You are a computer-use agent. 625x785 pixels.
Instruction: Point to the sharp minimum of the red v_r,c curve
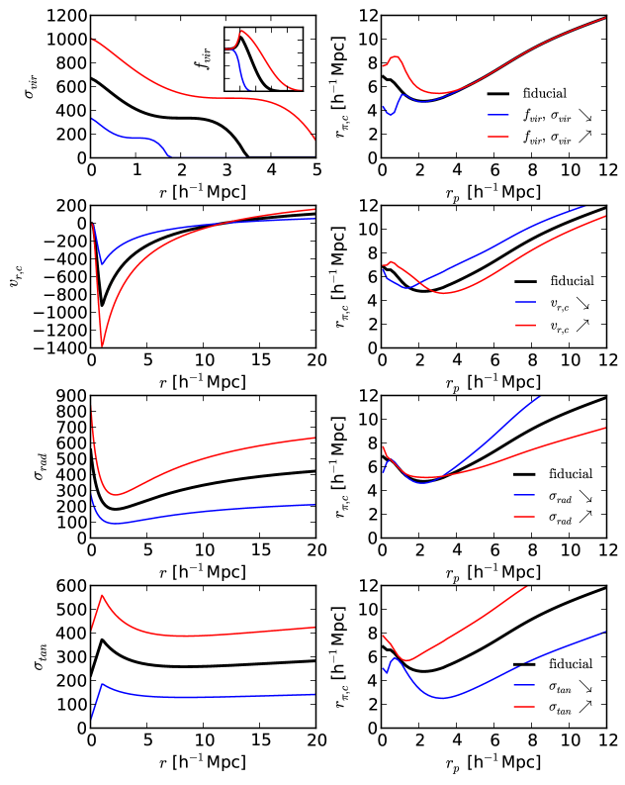(x=103, y=347)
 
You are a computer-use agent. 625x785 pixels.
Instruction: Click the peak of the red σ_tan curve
(x=103, y=595)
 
